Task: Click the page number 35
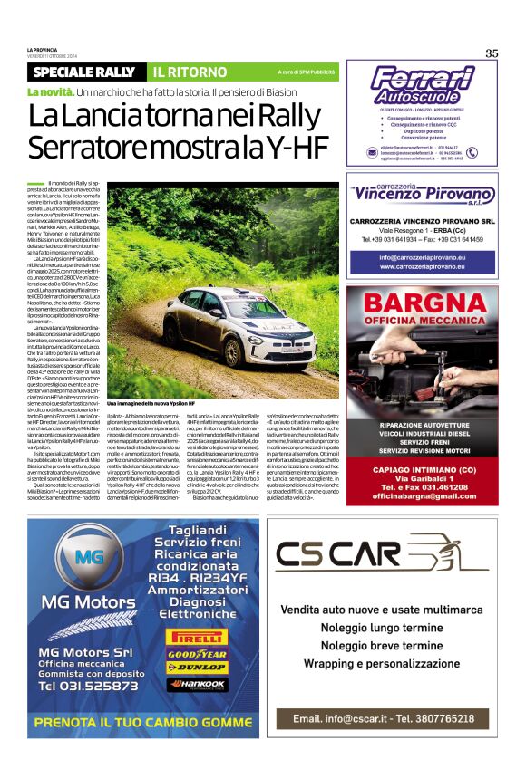click(492, 53)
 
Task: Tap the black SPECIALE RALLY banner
click(84, 72)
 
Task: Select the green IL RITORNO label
click(190, 72)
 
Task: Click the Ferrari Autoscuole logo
click(423, 87)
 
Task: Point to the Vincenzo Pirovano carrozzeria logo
click(423, 192)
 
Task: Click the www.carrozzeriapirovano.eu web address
click(423, 267)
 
